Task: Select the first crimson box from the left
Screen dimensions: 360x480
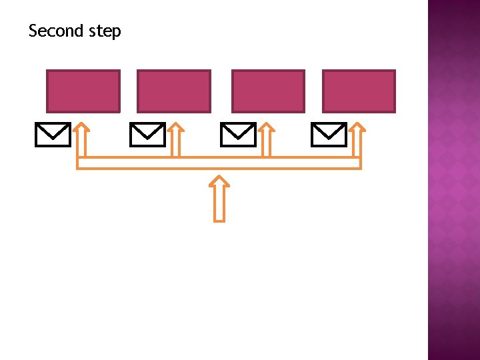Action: point(83,91)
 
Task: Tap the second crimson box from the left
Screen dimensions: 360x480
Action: point(173,91)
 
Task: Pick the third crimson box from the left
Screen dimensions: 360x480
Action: point(268,91)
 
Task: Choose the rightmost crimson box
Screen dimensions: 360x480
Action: point(359,91)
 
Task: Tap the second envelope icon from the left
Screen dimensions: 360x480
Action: point(147,135)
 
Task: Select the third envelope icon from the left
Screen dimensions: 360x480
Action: point(238,135)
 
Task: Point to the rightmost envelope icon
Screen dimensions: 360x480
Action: point(329,135)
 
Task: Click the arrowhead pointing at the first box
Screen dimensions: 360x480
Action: point(81,127)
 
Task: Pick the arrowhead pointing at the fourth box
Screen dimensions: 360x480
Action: point(358,127)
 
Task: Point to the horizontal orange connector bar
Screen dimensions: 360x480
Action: point(219,163)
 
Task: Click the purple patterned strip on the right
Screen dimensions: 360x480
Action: point(453,180)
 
